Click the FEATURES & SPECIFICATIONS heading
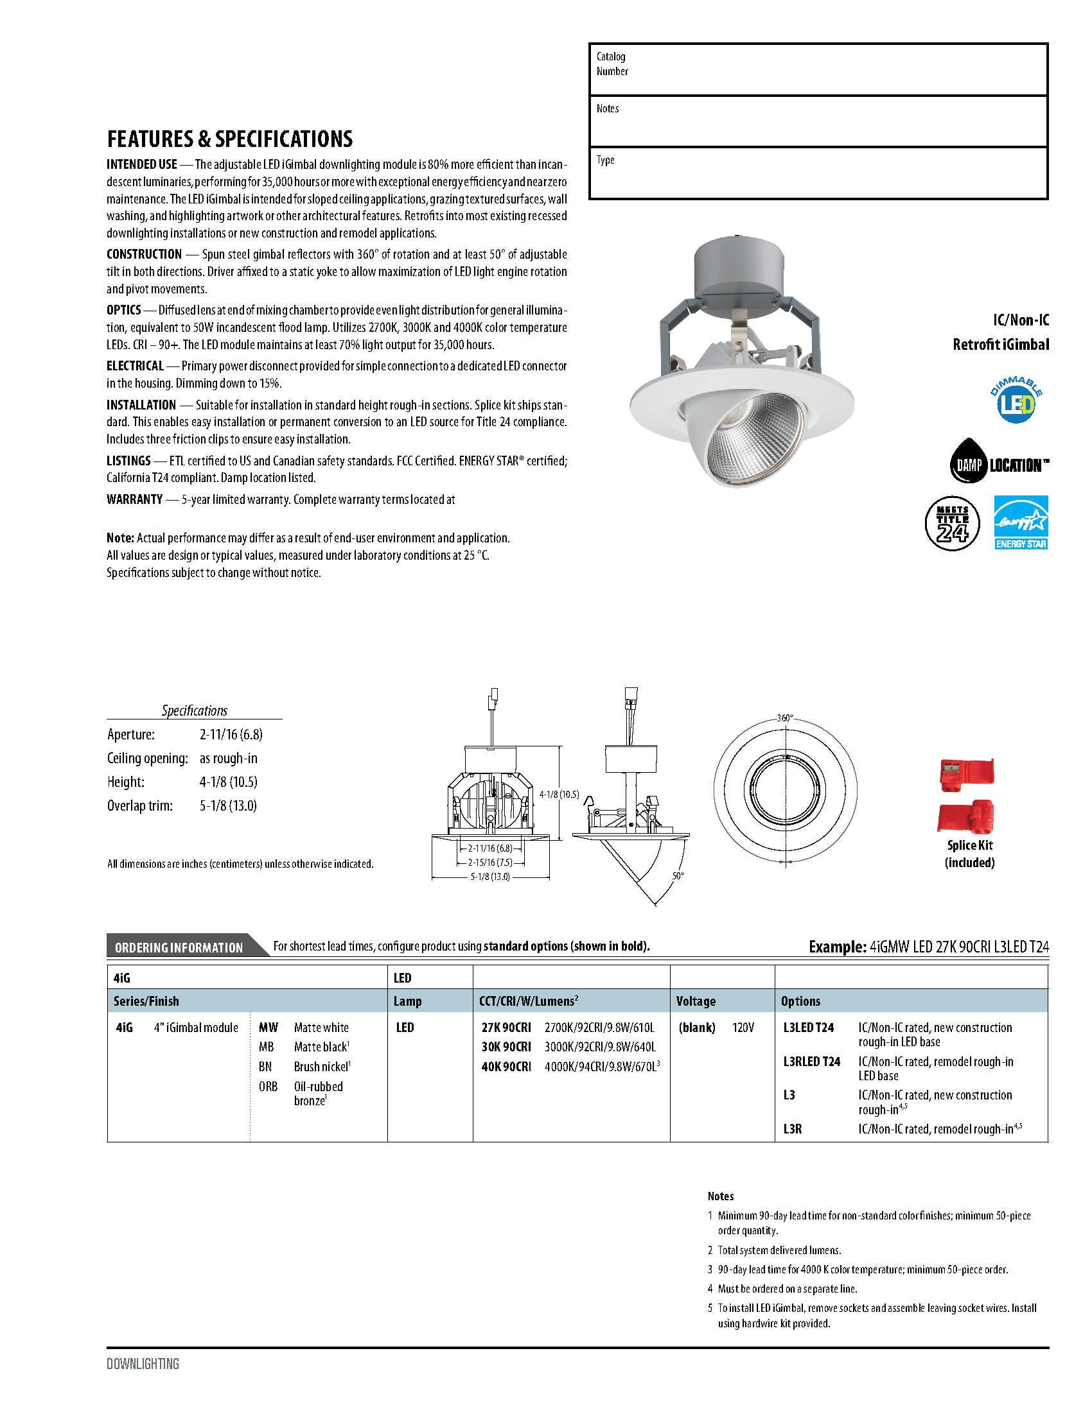[230, 139]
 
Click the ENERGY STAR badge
[1020, 522]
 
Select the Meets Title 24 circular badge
[952, 522]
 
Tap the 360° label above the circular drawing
[785, 718]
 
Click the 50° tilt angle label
[677, 875]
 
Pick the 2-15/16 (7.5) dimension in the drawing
[489, 862]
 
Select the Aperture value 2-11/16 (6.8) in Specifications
[231, 734]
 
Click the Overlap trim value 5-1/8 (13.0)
[228, 805]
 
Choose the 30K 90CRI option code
[506, 1047]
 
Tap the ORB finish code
[268, 1087]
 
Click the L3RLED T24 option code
[811, 1061]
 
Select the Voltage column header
[696, 1001]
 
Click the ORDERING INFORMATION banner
[179, 947]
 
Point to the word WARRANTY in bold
[134, 499]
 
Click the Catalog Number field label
[612, 64]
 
